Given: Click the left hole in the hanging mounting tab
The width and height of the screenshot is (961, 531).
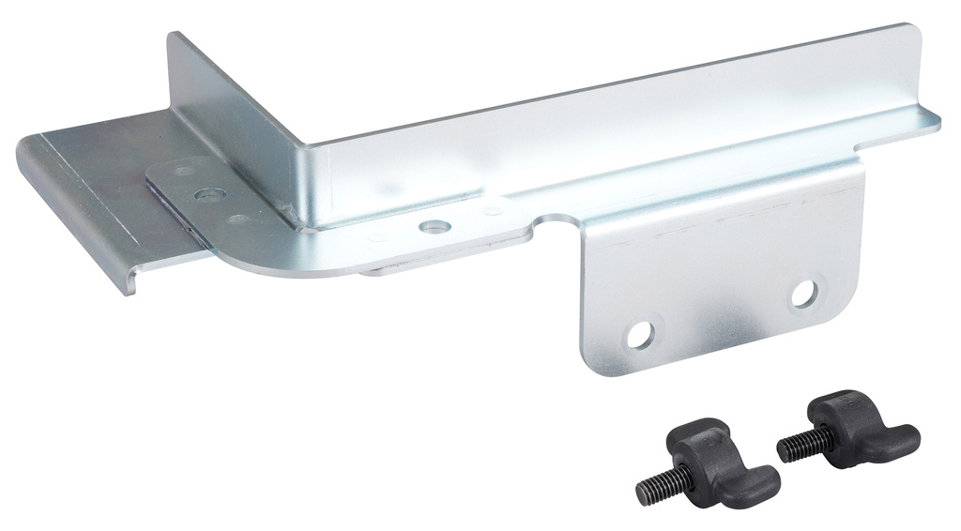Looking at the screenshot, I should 640,335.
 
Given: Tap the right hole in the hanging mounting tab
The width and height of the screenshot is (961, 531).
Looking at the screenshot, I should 803,294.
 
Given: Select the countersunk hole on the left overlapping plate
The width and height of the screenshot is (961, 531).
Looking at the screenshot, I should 209,195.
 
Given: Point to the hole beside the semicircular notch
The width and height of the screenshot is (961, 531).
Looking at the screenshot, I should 434,227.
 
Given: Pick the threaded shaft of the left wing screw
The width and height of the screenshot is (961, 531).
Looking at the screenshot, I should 660,485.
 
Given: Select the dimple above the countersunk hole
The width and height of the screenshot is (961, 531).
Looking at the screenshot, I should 185,171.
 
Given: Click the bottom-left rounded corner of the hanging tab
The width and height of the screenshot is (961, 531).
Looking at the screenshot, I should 588,365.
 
